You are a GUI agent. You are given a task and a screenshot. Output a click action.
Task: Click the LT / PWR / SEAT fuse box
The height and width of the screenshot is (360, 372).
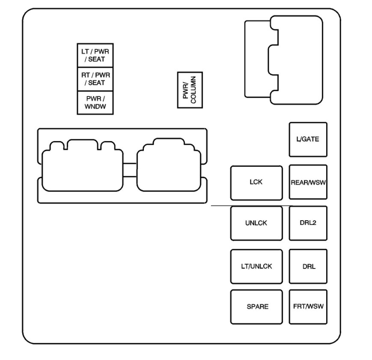pos(95,55)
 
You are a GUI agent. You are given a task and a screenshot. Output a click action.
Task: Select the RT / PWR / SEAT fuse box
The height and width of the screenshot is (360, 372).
pos(95,79)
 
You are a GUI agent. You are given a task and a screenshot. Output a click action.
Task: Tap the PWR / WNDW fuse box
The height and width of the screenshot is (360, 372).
pos(95,103)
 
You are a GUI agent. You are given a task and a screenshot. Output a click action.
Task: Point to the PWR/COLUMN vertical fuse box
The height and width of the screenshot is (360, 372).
pos(190,90)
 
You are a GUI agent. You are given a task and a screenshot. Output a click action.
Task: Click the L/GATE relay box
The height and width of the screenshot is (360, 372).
pos(308,139)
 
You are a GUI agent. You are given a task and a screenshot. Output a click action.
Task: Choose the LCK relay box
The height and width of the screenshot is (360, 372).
pos(256,183)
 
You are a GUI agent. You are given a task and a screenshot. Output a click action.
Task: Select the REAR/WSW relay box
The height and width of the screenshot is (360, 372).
pos(308,182)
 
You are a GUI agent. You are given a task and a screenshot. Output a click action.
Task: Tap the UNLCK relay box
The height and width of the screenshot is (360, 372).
pos(256,223)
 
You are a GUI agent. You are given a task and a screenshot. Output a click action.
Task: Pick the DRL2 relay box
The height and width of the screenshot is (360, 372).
pos(308,223)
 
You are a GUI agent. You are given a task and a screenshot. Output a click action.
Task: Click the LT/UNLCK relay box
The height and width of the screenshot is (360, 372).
pos(256,266)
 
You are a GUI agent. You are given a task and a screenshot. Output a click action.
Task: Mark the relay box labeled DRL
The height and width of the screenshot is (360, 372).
pos(308,266)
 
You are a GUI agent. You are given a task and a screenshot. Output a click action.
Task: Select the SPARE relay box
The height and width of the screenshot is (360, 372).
pos(256,307)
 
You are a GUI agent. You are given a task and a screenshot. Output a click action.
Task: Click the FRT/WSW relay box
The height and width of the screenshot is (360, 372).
pos(308,307)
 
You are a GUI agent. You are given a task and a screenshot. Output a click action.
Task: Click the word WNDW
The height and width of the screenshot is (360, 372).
pos(95,106)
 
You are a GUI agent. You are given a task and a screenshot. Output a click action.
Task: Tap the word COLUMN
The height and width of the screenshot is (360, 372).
pos(193,90)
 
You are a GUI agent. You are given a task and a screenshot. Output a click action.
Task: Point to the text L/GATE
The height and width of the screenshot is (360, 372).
pos(308,139)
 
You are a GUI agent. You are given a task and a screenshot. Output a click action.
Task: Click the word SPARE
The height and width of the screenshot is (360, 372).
pos(257,307)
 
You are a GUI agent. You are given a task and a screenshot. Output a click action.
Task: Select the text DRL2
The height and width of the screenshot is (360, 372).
pos(308,222)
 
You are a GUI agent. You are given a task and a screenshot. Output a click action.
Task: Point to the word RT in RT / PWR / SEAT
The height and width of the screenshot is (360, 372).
pos(86,75)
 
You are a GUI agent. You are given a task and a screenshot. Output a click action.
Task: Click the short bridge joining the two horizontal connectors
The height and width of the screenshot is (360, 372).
pos(130,170)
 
